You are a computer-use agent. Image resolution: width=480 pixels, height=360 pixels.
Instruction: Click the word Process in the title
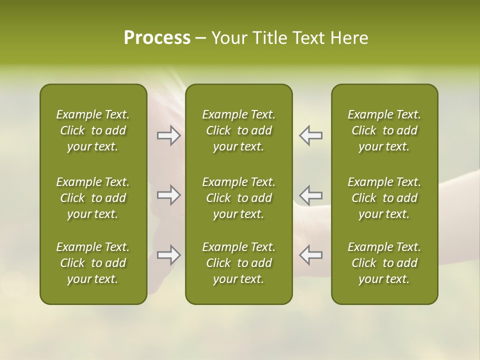[x=157, y=38]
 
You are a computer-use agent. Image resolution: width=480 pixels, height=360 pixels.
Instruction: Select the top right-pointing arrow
[x=168, y=135]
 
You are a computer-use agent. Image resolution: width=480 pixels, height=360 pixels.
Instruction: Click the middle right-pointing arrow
[x=168, y=195]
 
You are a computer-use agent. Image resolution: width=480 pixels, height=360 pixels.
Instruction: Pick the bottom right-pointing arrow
[x=168, y=255]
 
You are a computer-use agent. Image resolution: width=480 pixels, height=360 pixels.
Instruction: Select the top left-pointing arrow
[x=311, y=135]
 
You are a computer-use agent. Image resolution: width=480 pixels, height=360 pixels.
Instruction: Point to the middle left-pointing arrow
[x=311, y=195]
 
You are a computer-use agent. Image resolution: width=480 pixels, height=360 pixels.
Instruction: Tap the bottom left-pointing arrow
[x=311, y=255]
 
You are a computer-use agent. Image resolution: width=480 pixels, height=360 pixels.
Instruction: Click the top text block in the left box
[x=93, y=130]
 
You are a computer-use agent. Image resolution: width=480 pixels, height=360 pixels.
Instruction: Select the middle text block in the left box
[x=93, y=198]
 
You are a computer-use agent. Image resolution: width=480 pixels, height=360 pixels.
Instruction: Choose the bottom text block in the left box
[x=93, y=263]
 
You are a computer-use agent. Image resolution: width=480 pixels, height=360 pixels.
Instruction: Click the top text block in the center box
[x=239, y=130]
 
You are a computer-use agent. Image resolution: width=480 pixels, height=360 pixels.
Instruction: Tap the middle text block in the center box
[x=239, y=198]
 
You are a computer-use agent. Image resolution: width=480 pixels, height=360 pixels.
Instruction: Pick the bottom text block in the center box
[x=239, y=263]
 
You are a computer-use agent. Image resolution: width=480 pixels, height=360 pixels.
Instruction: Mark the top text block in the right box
[x=384, y=130]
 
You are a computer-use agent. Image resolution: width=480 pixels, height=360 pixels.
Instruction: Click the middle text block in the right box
[x=384, y=198]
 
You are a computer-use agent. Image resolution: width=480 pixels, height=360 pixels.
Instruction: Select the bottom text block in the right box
[x=384, y=263]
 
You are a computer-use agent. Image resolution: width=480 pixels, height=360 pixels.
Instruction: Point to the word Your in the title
[x=227, y=38]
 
